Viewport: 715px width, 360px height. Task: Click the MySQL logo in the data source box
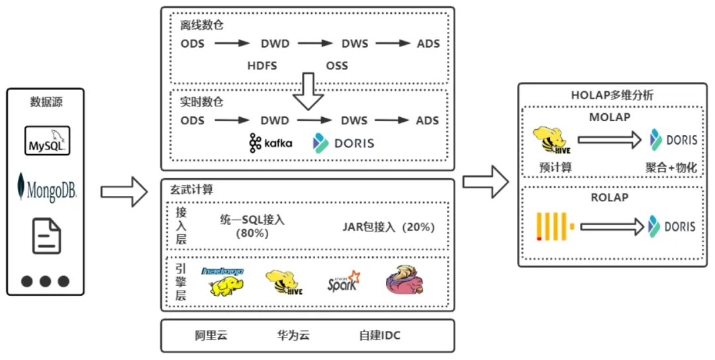pos(47,141)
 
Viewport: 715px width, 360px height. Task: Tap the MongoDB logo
pos(46,187)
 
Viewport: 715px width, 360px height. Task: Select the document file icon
pos(46,236)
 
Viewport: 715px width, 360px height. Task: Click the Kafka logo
pos(271,143)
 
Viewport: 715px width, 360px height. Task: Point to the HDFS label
pos(262,66)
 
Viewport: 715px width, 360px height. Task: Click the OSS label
pos(337,66)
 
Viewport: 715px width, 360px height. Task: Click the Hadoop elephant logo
pos(223,282)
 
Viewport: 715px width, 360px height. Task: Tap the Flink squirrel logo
pos(405,280)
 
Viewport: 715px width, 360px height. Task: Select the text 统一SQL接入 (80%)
pos(252,226)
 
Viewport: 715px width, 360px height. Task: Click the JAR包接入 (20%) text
pos(389,227)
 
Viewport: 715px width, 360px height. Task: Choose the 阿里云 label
pos(211,336)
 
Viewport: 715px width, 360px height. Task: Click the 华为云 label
pos(293,336)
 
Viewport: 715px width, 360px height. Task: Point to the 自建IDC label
pos(380,336)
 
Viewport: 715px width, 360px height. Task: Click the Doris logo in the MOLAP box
pos(673,140)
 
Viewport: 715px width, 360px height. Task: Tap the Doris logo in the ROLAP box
pos(672,226)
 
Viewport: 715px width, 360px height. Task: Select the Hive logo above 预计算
pos(551,140)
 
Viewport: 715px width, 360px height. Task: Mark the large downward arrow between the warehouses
pos(309,91)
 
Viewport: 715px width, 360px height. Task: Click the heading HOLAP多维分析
pos(612,95)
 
